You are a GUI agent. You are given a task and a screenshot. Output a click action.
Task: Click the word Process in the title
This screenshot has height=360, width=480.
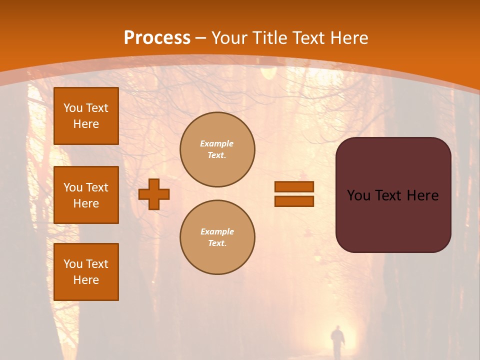point(157,38)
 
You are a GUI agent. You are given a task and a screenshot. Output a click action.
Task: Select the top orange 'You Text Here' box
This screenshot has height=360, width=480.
point(86,116)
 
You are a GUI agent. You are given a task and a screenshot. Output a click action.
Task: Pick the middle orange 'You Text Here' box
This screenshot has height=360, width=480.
point(86,195)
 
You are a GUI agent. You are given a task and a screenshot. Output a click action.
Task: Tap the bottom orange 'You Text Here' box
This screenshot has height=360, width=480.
point(86,272)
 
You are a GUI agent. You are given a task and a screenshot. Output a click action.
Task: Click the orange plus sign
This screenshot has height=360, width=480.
point(154,194)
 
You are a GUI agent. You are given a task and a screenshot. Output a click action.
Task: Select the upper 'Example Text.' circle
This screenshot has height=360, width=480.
point(217,149)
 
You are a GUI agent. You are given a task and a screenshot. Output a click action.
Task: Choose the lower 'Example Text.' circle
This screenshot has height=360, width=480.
point(217,237)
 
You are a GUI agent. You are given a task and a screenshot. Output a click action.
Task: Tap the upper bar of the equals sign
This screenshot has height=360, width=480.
point(294,187)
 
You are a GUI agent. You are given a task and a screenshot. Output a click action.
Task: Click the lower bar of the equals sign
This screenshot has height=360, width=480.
point(294,201)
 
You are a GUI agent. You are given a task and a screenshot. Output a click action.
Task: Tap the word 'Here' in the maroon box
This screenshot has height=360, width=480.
point(422,195)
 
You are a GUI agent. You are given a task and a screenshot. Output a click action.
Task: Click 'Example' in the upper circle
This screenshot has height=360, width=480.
point(217,143)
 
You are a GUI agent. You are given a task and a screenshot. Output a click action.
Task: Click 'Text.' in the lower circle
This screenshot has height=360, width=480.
point(217,243)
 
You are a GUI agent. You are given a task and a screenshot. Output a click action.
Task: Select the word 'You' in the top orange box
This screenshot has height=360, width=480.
point(73,108)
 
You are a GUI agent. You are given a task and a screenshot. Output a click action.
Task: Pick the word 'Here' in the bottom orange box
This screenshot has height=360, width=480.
point(86,280)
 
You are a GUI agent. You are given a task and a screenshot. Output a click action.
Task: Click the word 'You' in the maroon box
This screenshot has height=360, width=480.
point(358,195)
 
